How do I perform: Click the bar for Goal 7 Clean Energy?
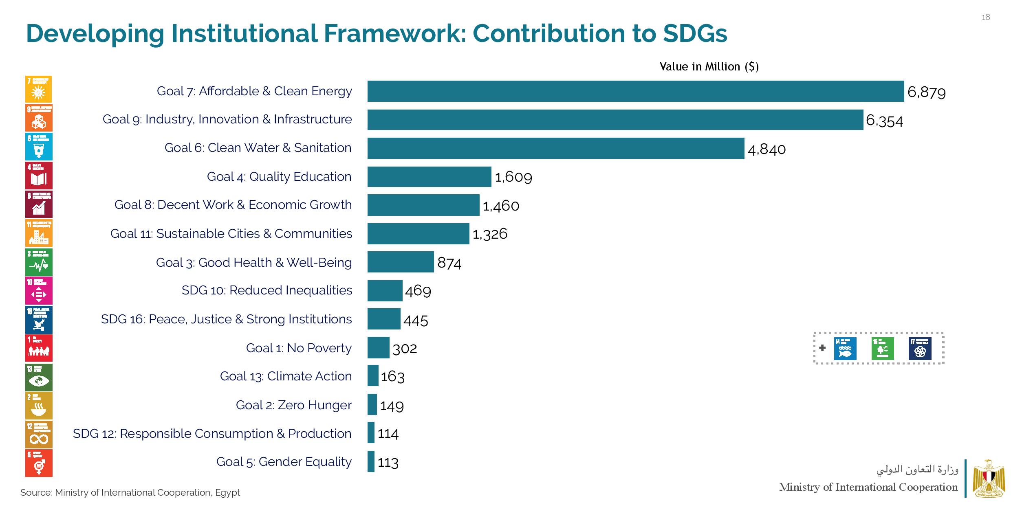tap(636, 91)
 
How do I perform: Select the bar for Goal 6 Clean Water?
tap(556, 148)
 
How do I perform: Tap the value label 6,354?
tap(884, 121)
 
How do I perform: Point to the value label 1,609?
tap(513, 177)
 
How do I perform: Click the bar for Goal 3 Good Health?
tap(401, 262)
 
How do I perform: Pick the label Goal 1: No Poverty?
tap(299, 348)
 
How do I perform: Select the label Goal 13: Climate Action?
tap(286, 376)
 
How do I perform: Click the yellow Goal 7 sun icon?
tap(39, 90)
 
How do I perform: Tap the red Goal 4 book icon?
tap(39, 176)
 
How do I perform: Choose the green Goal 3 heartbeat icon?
tap(39, 262)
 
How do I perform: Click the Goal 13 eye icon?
tap(39, 377)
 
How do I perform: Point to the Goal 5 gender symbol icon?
tap(39, 463)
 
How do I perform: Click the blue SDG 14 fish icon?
tap(845, 349)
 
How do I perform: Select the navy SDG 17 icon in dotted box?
tap(920, 349)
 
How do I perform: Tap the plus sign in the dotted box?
tap(822, 348)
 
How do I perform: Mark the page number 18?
tap(986, 17)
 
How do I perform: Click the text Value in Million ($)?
tap(709, 67)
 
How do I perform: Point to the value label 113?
tap(388, 462)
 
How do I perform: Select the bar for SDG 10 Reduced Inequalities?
tap(385, 291)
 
